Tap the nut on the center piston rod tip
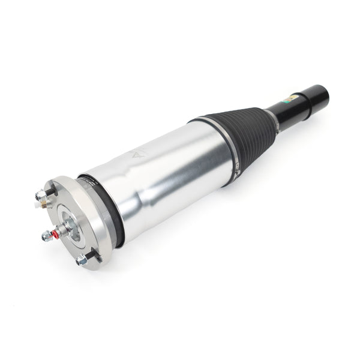[46, 236]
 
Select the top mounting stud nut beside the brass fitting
[41, 195]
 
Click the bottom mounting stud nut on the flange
[82, 260]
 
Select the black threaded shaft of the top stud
[50, 191]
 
